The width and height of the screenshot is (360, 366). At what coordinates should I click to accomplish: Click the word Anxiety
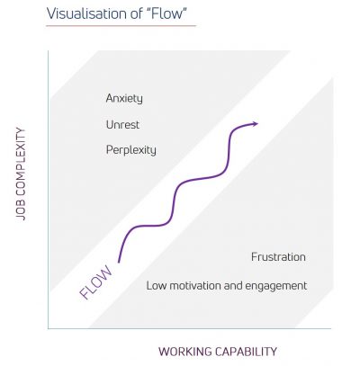[124, 99]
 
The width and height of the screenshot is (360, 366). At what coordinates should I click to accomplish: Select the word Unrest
[122, 124]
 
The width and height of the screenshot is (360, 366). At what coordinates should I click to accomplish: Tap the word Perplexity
[131, 150]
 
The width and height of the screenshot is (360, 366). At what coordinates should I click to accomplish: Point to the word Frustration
[278, 257]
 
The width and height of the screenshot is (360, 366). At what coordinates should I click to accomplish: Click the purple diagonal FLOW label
[95, 282]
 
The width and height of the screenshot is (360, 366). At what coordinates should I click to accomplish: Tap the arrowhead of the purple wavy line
[255, 123]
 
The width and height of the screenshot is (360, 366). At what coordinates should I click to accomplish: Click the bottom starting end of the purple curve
[119, 263]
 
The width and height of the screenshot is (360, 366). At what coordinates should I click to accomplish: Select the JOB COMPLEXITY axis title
[21, 174]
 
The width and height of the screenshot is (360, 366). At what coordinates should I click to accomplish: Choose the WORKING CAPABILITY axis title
[218, 352]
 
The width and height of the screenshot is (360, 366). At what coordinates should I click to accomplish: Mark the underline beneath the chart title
[121, 26]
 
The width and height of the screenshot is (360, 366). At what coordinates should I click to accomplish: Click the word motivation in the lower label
[195, 285]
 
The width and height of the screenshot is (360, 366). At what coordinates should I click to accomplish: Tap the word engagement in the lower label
[276, 286]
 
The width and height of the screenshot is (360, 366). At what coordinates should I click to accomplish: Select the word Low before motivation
[157, 285]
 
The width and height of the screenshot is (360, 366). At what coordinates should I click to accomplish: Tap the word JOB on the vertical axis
[21, 210]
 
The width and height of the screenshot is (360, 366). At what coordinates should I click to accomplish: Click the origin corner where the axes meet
[48, 328]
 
